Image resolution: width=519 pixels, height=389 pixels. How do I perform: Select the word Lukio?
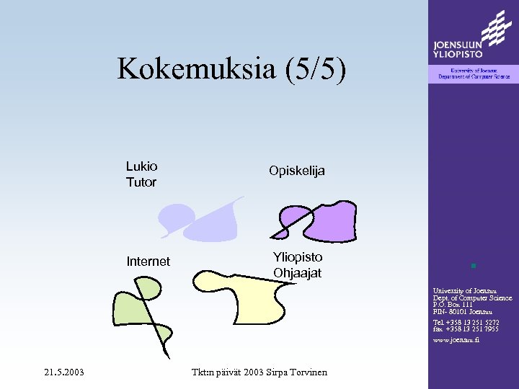coord(141,166)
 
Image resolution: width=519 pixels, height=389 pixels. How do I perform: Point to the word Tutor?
coord(141,182)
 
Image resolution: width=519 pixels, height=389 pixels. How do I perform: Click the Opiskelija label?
coord(297,171)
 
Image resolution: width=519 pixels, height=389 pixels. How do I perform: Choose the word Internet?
coord(148,261)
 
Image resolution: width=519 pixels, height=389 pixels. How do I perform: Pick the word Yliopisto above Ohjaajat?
coord(298,257)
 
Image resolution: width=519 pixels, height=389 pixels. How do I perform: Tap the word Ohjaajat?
coord(298,274)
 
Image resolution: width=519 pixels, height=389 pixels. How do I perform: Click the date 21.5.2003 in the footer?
coord(63,372)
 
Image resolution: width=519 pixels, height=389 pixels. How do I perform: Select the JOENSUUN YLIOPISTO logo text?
coord(458,47)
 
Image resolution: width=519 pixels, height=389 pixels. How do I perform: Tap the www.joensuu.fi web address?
coord(456,339)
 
